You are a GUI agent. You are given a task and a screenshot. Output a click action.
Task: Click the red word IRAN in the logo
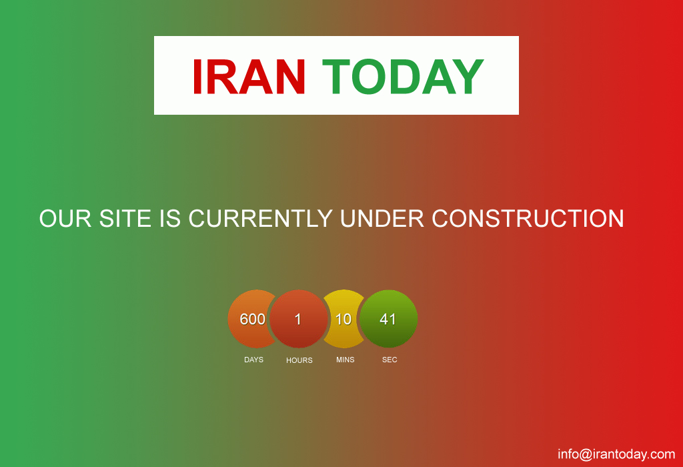249,77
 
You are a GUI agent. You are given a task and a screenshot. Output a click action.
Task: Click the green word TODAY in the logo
403,77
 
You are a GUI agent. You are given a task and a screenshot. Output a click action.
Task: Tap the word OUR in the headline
65,218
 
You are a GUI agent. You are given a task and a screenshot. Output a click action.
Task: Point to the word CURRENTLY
261,218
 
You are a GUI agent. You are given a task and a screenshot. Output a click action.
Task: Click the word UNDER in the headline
382,218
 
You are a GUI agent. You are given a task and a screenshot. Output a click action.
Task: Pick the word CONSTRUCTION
528,218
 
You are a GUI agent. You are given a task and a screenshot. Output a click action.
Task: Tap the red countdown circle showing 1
298,319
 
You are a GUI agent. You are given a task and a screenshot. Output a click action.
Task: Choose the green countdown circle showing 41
389,319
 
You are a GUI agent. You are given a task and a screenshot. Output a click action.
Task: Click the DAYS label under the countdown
253,360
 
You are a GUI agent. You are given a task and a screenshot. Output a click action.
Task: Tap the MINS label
346,360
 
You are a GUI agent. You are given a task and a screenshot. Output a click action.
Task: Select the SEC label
390,360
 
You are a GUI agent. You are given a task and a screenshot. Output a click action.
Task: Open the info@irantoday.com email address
616,454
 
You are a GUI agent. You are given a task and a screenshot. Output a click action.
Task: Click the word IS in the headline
170,218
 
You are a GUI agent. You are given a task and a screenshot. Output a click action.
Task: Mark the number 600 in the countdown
253,320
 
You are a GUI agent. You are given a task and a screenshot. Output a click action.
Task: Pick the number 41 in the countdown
388,320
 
